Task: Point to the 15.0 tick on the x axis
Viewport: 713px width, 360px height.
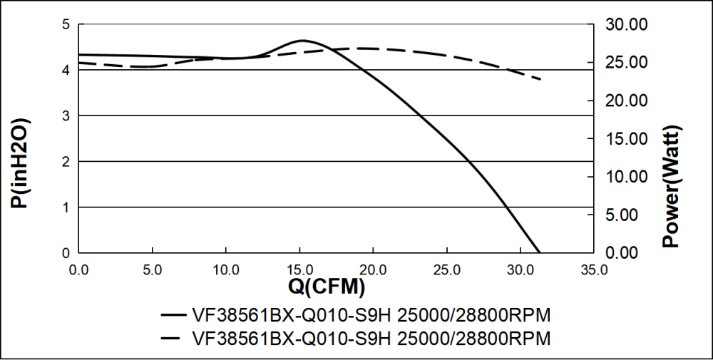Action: point(299,271)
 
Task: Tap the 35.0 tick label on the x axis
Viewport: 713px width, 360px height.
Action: point(594,271)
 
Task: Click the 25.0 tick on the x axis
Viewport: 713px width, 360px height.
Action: point(446,271)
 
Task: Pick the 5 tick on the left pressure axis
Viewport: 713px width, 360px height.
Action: point(66,25)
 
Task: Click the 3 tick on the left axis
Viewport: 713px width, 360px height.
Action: point(66,116)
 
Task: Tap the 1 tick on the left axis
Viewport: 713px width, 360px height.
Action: point(66,207)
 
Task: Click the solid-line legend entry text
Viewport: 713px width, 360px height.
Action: point(371,315)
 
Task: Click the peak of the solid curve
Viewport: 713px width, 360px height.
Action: point(302,41)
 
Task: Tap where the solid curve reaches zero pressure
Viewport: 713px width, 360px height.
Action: point(539,252)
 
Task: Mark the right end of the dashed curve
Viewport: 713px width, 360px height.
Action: point(541,78)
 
